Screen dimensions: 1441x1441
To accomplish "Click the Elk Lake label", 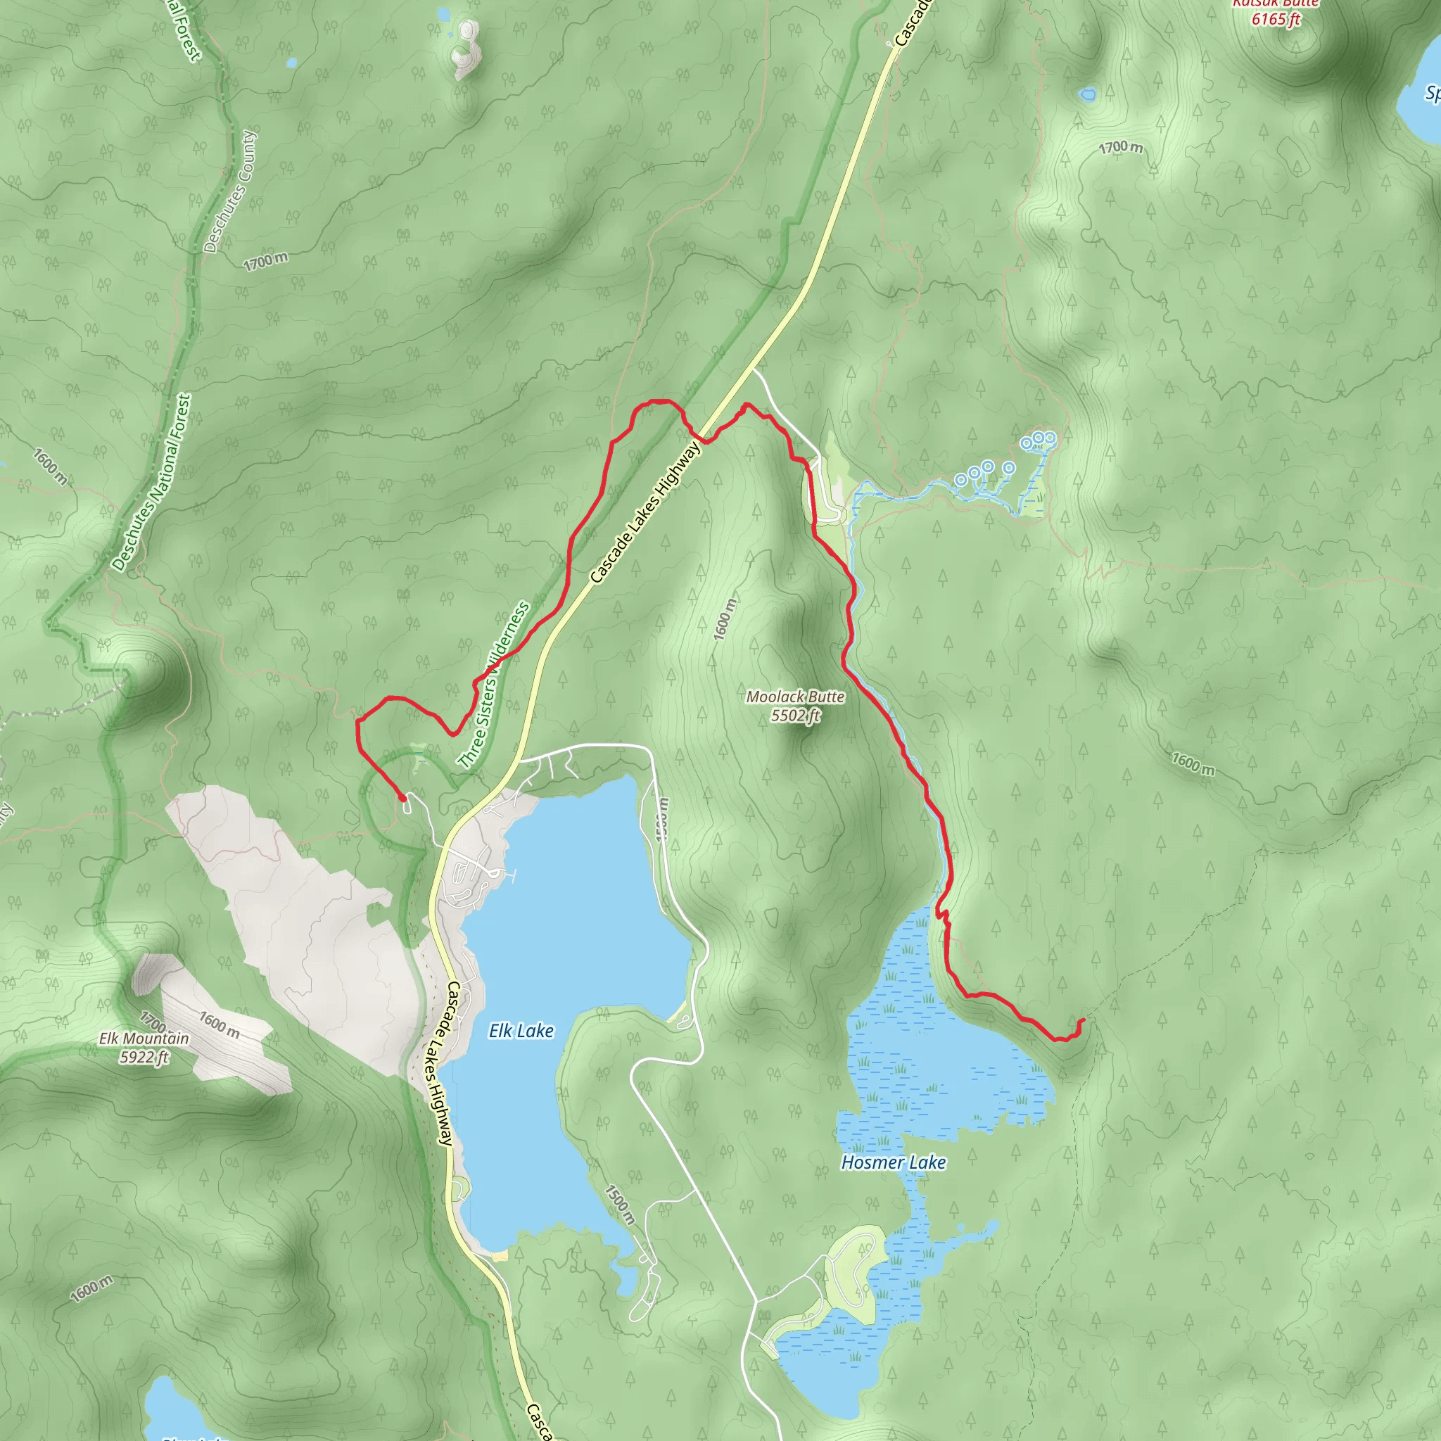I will [521, 1031].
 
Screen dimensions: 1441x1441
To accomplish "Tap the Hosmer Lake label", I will [893, 1162].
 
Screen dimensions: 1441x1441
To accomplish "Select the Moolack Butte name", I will [795, 697].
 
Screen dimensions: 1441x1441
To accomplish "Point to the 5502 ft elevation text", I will [795, 716].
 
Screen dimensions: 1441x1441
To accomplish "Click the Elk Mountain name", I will [144, 1039].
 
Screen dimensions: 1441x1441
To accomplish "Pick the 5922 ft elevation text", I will [145, 1057].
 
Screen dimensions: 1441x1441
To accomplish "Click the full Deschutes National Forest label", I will [152, 483].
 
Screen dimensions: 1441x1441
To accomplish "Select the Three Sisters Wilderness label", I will [493, 685].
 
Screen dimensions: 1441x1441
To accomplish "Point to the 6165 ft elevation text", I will [1276, 20].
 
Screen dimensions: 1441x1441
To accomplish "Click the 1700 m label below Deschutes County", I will [265, 262].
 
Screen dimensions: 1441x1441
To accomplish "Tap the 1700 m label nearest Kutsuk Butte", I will [1120, 148].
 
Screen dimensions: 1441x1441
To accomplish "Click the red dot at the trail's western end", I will [402, 798].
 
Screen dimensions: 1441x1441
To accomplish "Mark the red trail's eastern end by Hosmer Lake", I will [1082, 1020].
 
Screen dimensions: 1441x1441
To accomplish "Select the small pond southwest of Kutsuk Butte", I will [1088, 95].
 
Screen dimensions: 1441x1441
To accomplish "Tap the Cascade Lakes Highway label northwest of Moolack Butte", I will [645, 512].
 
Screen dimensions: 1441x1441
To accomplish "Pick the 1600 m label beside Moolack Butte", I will [724, 618].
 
